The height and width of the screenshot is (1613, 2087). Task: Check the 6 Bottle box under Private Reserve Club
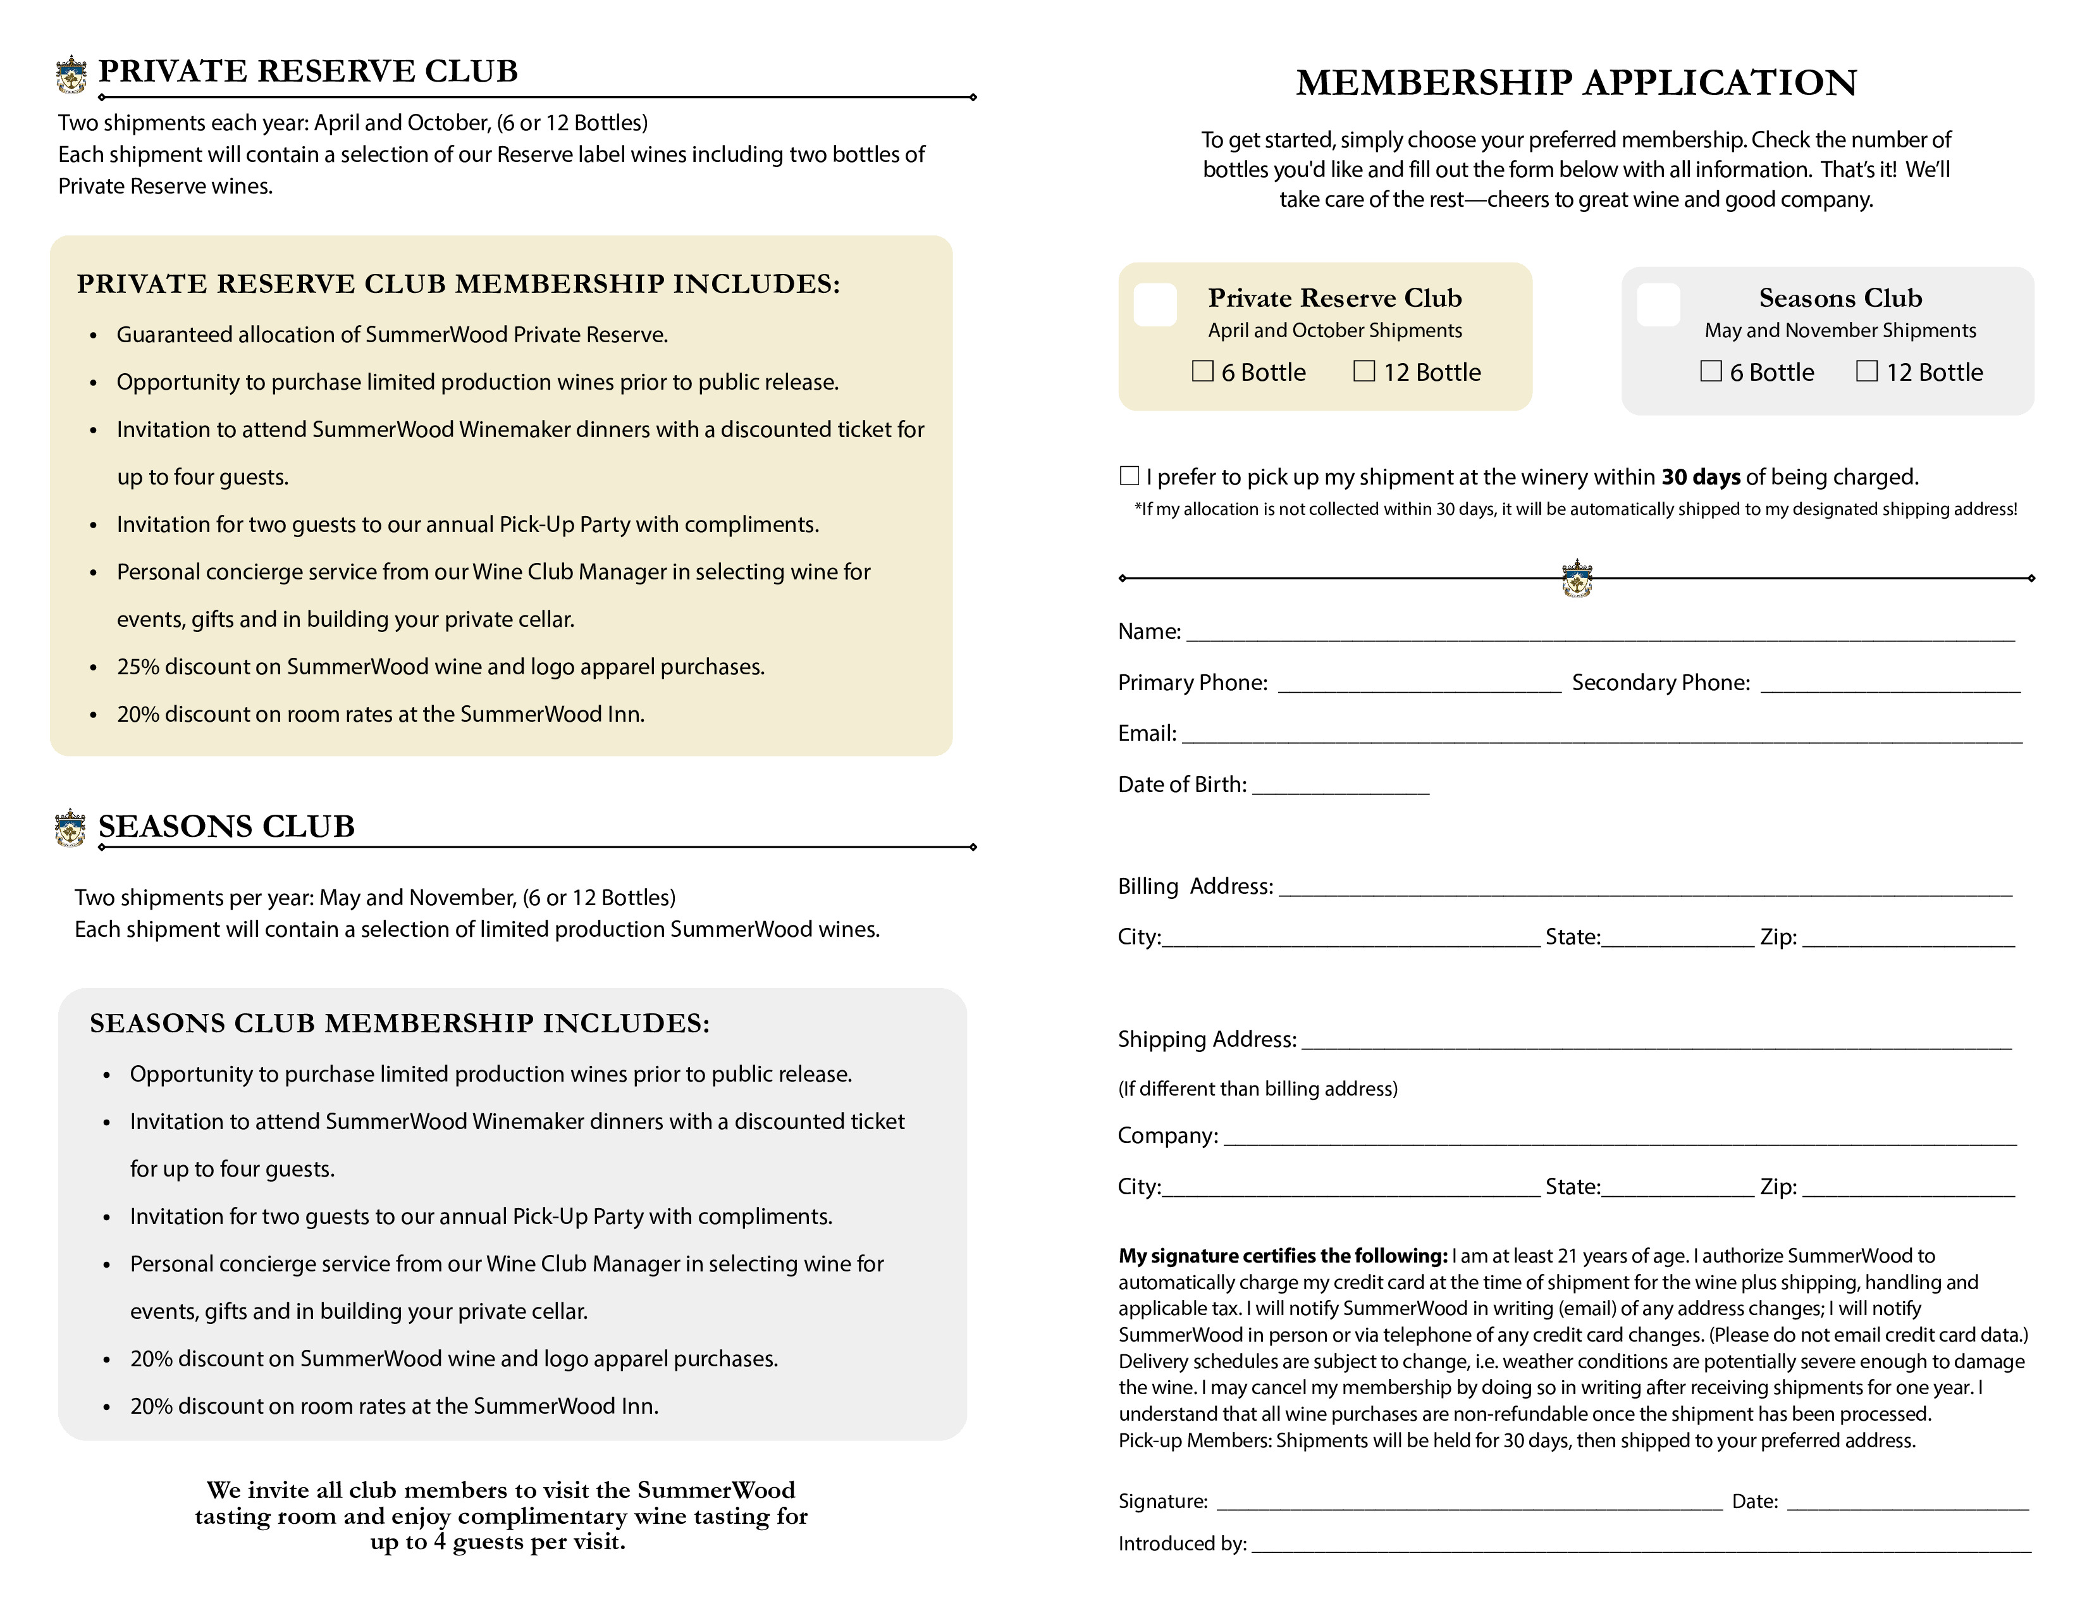tap(1202, 371)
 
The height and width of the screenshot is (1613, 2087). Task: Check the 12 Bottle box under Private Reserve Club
tap(1364, 371)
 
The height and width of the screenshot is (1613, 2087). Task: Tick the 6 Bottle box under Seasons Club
tap(1711, 371)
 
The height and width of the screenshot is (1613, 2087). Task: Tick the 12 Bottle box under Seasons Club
tap(1866, 371)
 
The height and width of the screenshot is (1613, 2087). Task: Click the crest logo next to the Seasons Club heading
tap(70, 827)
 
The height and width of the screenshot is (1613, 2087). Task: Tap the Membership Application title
tap(1576, 83)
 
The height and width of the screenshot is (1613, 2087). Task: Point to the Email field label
tap(1147, 734)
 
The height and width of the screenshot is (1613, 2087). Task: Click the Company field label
tap(1167, 1136)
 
